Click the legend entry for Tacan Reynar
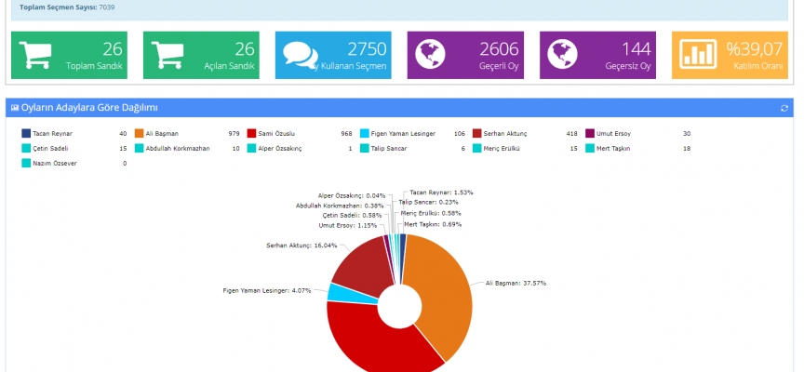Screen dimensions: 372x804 [x=52, y=133]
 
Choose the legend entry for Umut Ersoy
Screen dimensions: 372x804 [x=615, y=133]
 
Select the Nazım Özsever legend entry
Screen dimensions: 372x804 [x=57, y=163]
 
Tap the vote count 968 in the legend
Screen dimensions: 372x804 [x=345, y=133]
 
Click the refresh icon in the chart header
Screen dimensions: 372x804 [x=784, y=108]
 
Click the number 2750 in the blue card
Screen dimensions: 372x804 [x=366, y=49]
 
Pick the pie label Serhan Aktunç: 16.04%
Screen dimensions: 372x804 [x=301, y=246]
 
